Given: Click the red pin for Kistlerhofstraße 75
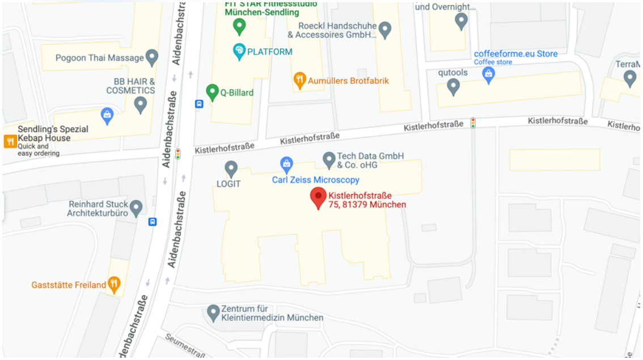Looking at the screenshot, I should [x=319, y=198].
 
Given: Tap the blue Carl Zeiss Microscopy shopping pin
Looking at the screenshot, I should [x=287, y=164].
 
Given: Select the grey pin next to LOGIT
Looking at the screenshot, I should [x=231, y=168].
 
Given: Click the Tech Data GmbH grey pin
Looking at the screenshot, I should [x=329, y=159].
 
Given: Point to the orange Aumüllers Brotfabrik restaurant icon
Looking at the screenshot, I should [x=300, y=81].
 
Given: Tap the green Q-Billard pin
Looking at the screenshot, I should [x=212, y=91].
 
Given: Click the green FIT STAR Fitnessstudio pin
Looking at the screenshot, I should [x=239, y=26].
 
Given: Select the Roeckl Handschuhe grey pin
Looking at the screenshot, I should [x=385, y=29].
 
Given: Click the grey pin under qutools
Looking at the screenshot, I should [x=452, y=86].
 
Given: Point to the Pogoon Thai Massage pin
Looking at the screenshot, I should [x=151, y=57].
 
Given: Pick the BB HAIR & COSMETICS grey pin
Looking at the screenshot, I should [x=140, y=104].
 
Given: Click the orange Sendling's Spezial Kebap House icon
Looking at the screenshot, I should [x=10, y=141].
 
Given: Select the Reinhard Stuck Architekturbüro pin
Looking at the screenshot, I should [x=136, y=207].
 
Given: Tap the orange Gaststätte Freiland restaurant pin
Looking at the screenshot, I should [x=115, y=284].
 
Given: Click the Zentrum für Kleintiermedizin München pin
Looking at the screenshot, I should [x=213, y=312].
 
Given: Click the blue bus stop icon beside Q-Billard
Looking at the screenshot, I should [x=199, y=104].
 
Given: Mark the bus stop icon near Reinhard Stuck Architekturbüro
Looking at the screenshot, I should [x=153, y=222].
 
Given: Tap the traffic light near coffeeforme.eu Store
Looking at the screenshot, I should [x=473, y=122].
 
